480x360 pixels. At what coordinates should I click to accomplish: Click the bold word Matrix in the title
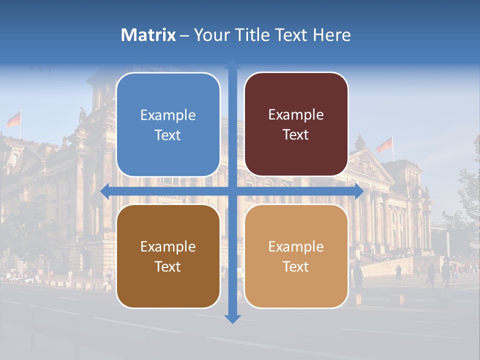148,35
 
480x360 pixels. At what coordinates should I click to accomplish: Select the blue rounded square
168,124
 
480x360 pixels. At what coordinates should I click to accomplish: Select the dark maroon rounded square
296,124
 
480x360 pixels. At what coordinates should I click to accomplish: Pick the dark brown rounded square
168,256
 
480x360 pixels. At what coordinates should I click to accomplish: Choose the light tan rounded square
296,256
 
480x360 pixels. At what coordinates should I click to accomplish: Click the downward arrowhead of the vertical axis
232,318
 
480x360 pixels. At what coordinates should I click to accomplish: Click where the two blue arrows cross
232,191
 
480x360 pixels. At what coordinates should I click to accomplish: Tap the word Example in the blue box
168,115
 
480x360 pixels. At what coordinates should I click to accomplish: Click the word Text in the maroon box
296,135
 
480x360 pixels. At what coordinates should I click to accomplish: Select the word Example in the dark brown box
168,246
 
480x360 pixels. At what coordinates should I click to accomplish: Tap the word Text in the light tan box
296,267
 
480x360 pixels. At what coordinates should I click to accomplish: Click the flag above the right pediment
384,145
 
